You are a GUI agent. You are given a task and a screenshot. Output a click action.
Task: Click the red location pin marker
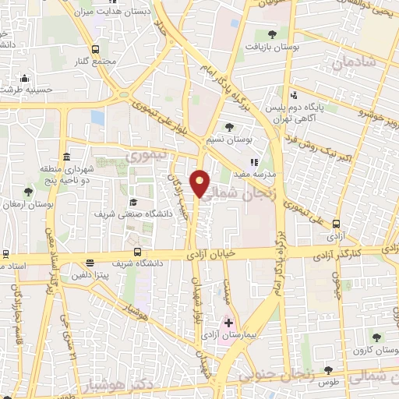click(200, 183)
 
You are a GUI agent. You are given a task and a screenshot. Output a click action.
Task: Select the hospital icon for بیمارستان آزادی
click(228, 322)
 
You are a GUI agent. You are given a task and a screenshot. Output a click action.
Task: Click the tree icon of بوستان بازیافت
click(271, 34)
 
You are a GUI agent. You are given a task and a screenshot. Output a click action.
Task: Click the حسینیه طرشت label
click(24, 90)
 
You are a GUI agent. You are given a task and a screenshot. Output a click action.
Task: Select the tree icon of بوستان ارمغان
click(29, 192)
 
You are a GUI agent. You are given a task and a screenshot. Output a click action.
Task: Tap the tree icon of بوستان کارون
click(376, 337)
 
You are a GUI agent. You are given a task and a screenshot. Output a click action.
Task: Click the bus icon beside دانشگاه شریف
click(138, 252)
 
